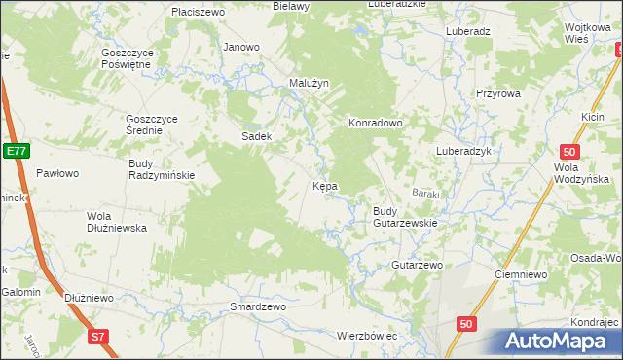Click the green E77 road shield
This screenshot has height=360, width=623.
[16, 151]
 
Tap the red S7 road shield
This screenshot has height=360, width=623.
[96, 337]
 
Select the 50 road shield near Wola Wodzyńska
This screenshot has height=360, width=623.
[571, 152]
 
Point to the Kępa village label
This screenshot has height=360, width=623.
[324, 186]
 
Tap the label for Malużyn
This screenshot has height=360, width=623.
[310, 84]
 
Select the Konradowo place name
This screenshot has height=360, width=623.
[376, 124]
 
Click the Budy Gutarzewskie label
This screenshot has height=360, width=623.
[405, 217]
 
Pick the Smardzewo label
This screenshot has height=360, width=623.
[257, 306]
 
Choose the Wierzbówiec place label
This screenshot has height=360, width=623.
[368, 336]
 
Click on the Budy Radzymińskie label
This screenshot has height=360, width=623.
[162, 169]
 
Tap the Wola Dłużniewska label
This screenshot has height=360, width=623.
[116, 222]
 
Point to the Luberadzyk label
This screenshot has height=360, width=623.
[466, 152]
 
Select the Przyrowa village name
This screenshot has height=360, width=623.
[499, 93]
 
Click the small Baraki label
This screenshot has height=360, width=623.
[425, 194]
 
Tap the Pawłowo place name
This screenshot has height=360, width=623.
[56, 173]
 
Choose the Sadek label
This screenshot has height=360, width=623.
[256, 137]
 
